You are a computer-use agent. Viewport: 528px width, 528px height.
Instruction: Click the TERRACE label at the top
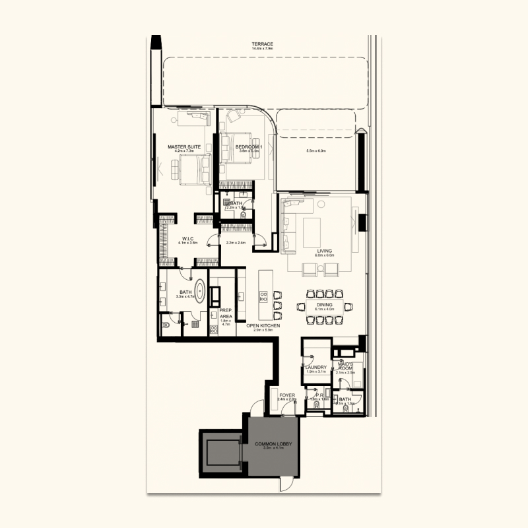coord(262,44)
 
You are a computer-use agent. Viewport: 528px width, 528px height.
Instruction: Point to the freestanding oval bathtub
coord(199,291)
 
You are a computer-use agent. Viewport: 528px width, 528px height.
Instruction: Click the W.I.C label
coord(187,238)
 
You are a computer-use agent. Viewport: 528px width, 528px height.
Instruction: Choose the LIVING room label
coord(323,251)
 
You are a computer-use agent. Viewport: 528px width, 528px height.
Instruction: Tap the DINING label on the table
coord(325,304)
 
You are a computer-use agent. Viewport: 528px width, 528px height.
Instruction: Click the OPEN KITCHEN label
coord(263,326)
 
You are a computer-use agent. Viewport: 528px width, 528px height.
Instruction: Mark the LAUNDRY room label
coord(316,368)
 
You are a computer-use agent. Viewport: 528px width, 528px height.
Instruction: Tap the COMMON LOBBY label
coord(273,444)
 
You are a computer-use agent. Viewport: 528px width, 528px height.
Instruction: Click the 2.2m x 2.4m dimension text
coord(236,243)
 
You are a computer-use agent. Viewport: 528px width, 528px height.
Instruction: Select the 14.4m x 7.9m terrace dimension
coord(262,49)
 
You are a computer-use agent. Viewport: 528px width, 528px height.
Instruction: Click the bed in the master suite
coord(191,168)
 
